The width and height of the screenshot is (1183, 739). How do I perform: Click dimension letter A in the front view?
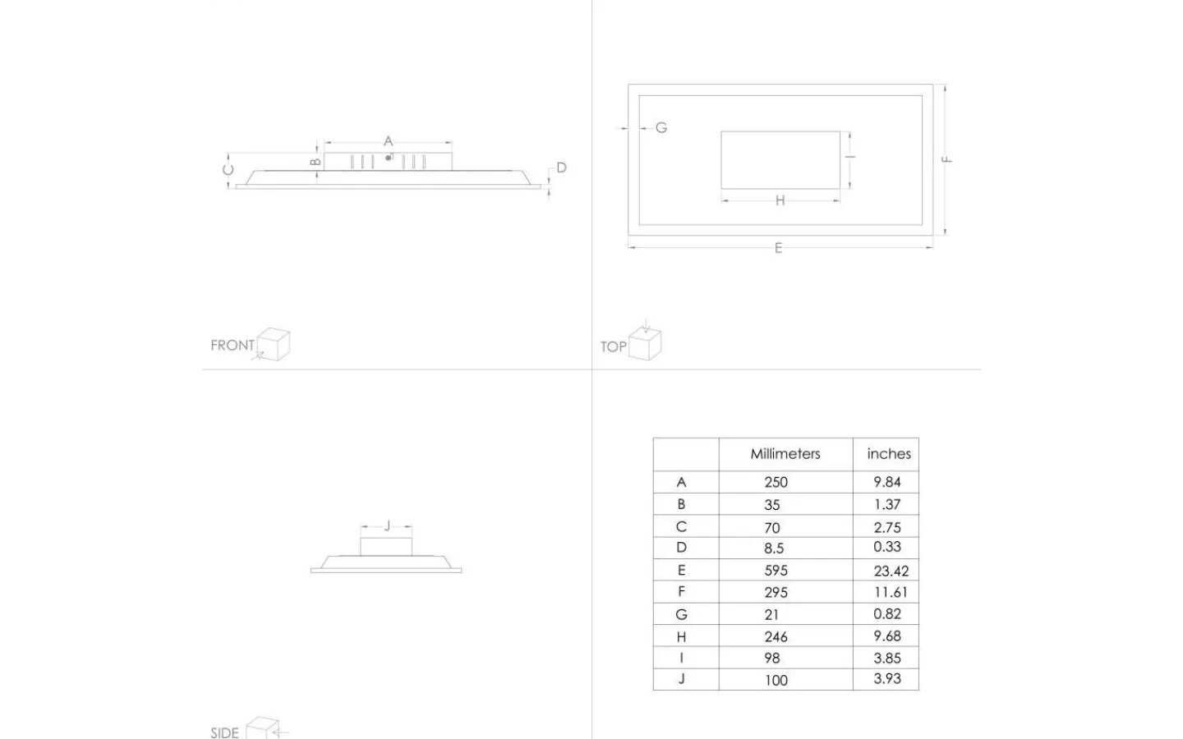click(388, 141)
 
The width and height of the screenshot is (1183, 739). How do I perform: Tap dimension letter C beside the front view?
click(228, 169)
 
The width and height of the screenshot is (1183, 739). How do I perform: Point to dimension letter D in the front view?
click(561, 168)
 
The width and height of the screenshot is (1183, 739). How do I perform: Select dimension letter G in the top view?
click(661, 128)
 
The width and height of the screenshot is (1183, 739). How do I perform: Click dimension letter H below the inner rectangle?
click(780, 200)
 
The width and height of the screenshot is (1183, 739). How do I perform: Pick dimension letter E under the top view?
click(778, 248)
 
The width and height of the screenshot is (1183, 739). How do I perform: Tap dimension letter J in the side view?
click(387, 526)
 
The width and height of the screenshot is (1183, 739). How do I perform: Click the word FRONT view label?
click(232, 345)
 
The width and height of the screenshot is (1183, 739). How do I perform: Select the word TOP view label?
click(613, 347)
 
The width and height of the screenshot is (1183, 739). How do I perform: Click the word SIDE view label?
click(224, 732)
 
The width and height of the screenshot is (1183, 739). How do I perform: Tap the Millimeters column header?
click(785, 454)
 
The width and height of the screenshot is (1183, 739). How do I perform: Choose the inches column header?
click(889, 454)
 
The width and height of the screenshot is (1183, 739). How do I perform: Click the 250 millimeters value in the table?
click(776, 483)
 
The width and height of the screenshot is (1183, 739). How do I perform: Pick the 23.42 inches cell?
click(891, 571)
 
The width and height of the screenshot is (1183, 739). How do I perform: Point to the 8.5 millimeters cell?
click(774, 549)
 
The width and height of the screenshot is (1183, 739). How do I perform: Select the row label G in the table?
click(681, 614)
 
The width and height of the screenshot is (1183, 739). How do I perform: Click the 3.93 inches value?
click(887, 679)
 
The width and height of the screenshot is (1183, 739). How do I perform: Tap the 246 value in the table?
click(776, 637)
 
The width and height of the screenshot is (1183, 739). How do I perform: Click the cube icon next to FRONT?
click(273, 344)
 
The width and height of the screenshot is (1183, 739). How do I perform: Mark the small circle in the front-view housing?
click(388, 158)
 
